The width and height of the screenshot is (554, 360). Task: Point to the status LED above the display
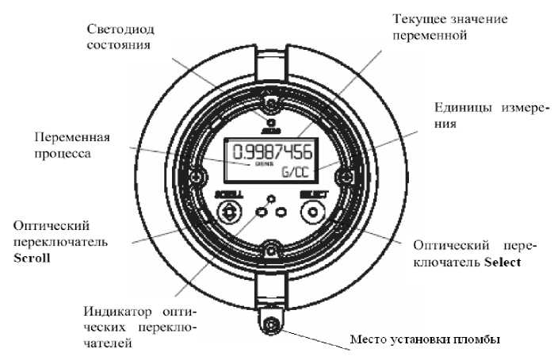click(271, 123)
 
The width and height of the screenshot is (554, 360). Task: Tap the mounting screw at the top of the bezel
click(271, 105)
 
